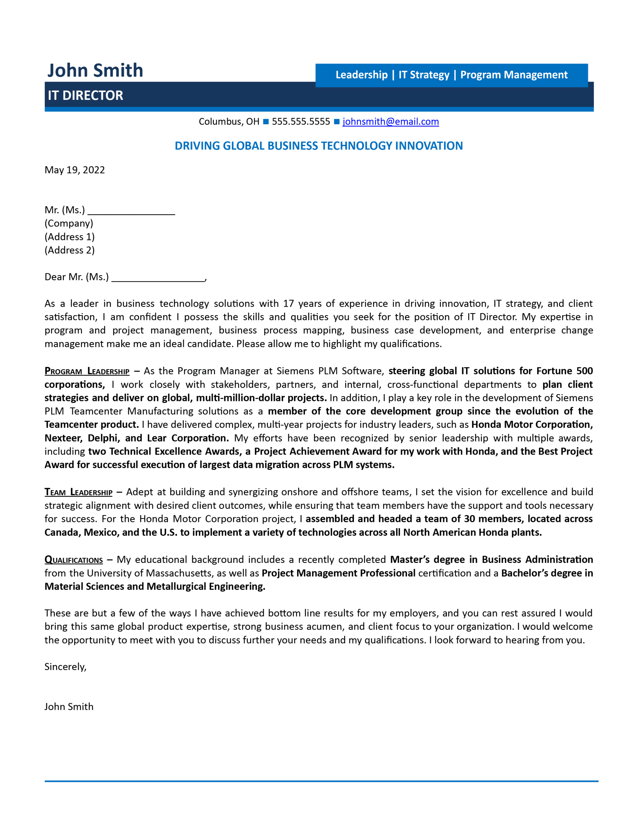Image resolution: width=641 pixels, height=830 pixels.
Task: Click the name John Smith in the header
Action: point(95,71)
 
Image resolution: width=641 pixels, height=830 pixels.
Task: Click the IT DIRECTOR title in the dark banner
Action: point(85,95)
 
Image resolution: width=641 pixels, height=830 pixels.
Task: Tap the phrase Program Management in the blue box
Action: point(514,75)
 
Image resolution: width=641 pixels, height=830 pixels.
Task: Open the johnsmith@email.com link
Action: point(390,122)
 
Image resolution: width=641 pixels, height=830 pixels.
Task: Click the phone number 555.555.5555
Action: point(301,122)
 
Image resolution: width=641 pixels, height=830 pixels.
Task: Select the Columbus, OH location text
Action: point(229,122)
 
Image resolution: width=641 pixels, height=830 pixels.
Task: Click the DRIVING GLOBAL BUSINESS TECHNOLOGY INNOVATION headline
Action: point(319,146)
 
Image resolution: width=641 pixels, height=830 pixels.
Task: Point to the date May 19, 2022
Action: point(75,170)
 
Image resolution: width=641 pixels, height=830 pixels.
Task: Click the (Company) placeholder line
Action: point(69,223)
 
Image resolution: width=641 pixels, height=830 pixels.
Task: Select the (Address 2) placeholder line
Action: point(70,250)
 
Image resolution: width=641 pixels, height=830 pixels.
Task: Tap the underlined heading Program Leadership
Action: point(87,371)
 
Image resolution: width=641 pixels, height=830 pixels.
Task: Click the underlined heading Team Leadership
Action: point(79,492)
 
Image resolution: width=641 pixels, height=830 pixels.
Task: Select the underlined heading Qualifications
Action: point(74,560)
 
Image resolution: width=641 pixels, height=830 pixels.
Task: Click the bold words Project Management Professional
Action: point(338,574)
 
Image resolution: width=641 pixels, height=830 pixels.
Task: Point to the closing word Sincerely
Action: point(65,667)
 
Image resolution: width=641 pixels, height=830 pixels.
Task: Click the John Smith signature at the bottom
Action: point(69,707)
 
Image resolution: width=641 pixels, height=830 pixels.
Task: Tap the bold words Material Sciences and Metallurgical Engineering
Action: point(155,587)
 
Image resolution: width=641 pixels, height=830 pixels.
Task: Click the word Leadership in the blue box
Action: point(361,75)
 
